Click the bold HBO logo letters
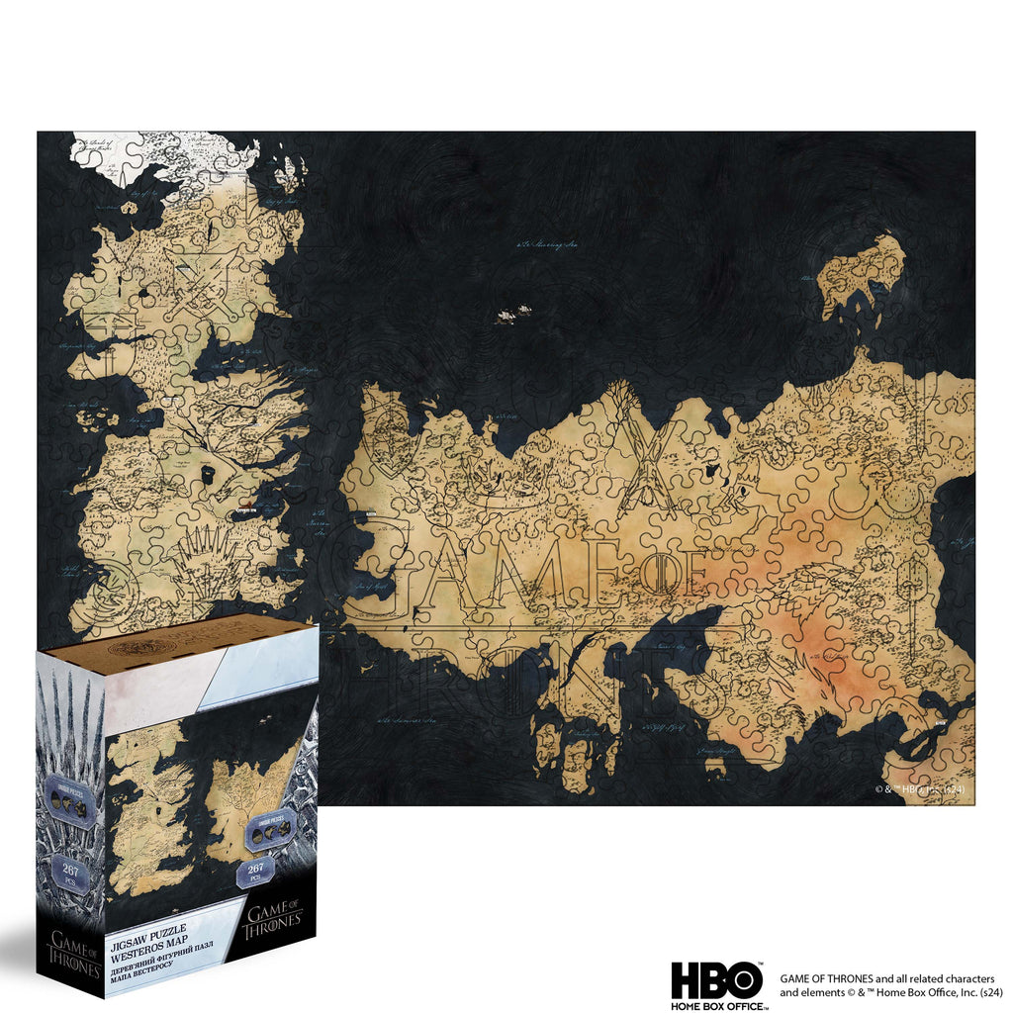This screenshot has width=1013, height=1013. (717, 980)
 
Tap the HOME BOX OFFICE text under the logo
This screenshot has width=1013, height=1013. (717, 1006)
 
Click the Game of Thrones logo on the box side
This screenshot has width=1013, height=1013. (71, 955)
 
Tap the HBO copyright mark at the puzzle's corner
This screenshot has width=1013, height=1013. (918, 789)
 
